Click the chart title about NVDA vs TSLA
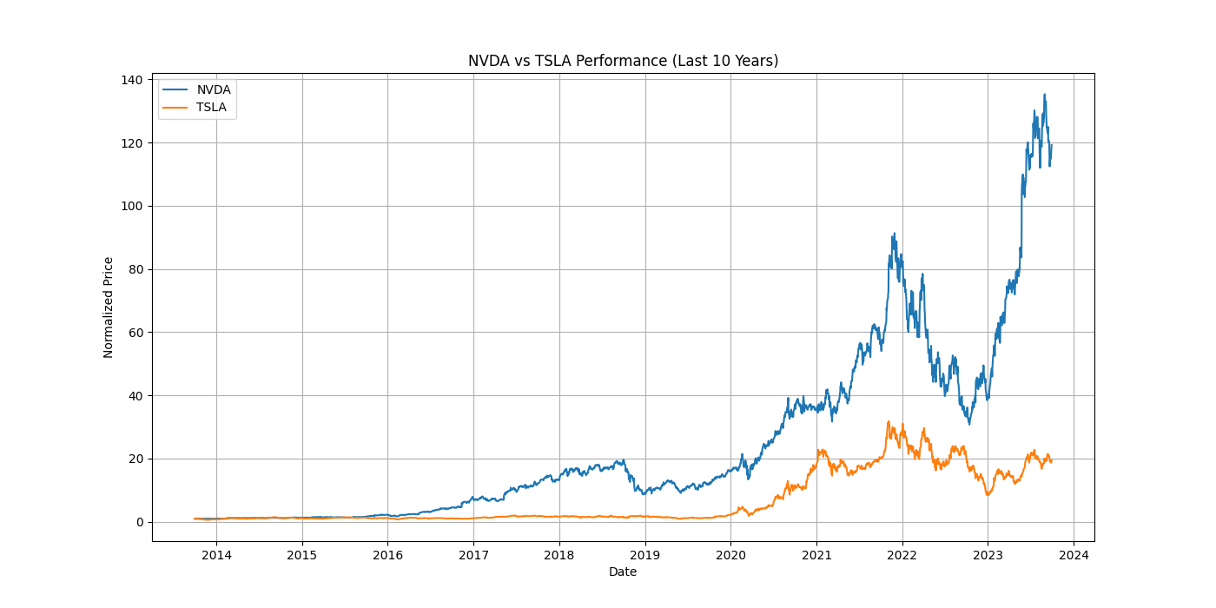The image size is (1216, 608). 623,61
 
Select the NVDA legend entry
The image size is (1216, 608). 214,89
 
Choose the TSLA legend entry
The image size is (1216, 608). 211,108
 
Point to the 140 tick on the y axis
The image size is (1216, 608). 134,80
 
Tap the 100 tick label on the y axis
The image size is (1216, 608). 134,206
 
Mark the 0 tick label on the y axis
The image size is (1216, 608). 140,522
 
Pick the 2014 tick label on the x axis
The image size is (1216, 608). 216,555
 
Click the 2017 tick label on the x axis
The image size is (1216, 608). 473,555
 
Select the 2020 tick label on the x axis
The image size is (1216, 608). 730,555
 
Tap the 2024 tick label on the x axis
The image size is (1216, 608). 1074,555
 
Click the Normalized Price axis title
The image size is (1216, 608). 109,307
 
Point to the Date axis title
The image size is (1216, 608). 623,572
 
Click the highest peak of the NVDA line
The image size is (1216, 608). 1044,95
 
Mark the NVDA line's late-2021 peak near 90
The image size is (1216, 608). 895,234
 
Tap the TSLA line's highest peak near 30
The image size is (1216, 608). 888,421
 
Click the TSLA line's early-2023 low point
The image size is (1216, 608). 988,495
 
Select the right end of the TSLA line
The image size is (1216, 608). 1051,461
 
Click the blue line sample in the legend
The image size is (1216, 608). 175,89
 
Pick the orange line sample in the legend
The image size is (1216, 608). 175,108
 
